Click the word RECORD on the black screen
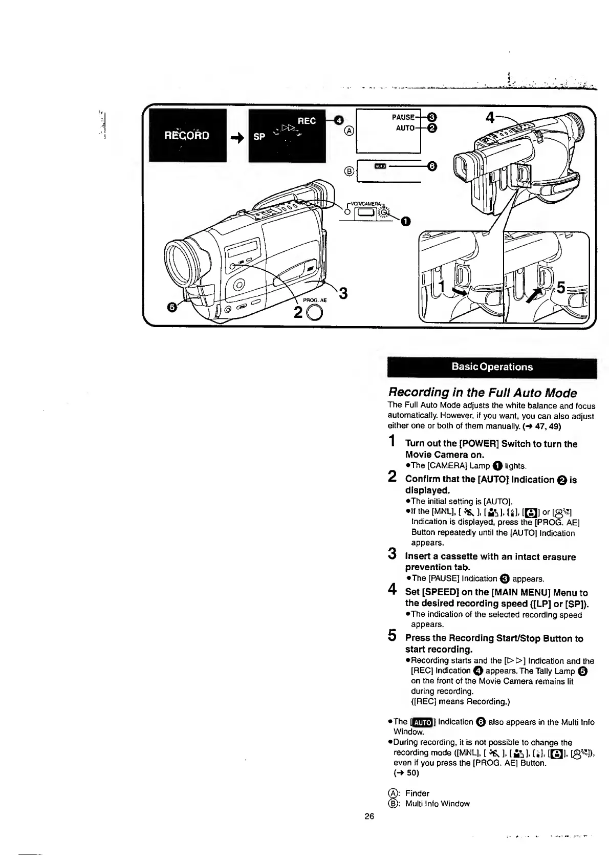(187, 136)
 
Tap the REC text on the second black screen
(307, 121)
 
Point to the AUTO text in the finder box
(404, 127)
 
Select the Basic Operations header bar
(492, 367)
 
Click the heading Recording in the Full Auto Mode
(482, 393)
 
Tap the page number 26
(369, 815)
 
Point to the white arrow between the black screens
(236, 137)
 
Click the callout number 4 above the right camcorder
(490, 118)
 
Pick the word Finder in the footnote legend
(417, 793)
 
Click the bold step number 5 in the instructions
(392, 636)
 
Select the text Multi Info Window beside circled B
(437, 803)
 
